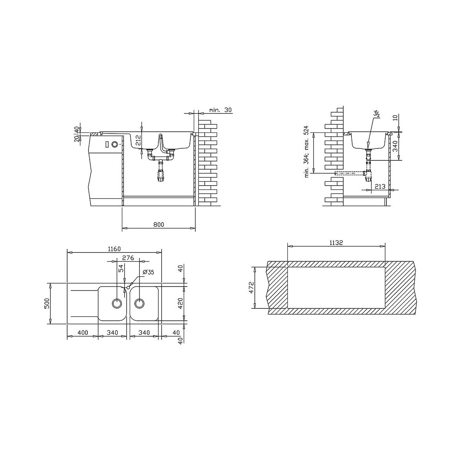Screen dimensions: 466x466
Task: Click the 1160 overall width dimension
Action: tap(114, 249)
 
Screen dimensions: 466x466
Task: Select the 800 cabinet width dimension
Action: tap(159, 224)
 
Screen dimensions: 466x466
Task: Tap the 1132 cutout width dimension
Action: tap(336, 243)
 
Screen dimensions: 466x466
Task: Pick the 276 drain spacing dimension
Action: tap(128, 258)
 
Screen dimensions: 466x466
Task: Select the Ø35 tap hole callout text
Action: tap(148, 272)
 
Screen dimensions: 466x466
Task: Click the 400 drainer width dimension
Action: tap(83, 332)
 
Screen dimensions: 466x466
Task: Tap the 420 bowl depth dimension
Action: tap(180, 303)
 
